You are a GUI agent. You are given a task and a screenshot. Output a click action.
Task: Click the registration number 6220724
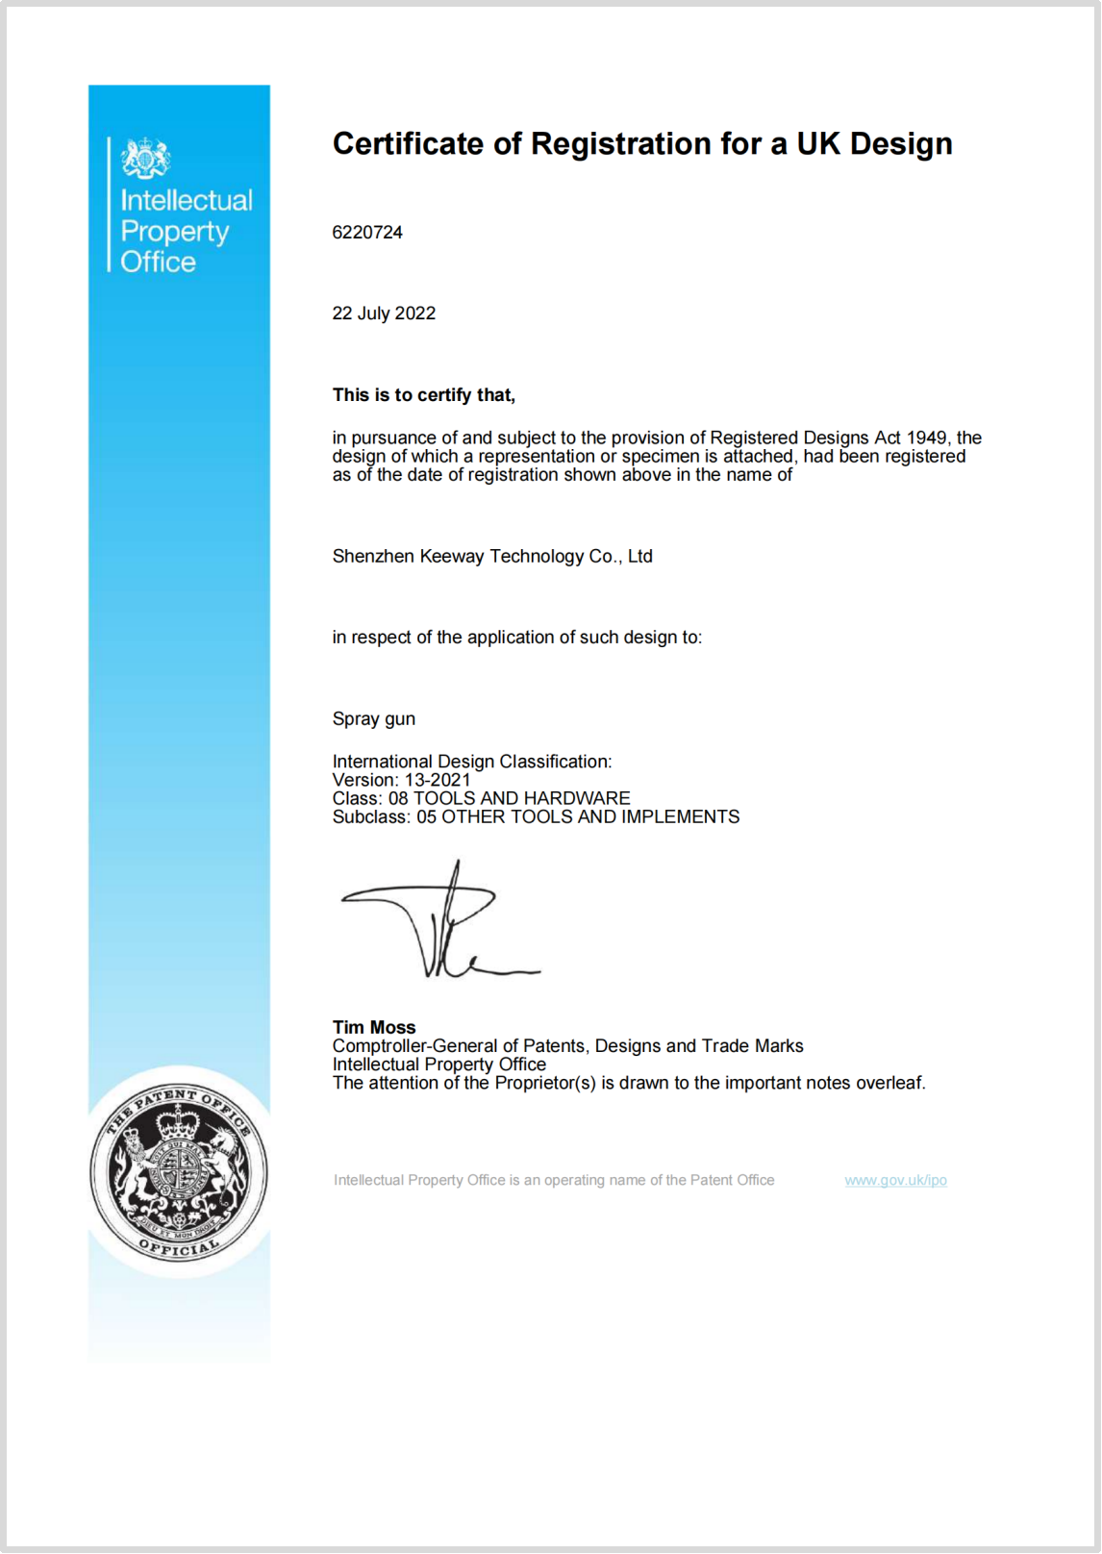click(x=367, y=233)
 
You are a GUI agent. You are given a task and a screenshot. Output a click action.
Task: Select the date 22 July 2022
click(x=384, y=313)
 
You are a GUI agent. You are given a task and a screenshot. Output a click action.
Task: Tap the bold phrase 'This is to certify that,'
click(x=424, y=395)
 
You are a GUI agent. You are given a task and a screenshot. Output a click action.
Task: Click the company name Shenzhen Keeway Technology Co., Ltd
click(x=492, y=556)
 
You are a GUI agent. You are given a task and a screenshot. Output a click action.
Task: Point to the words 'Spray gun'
click(x=374, y=719)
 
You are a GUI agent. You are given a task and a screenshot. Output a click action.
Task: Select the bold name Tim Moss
click(x=374, y=1027)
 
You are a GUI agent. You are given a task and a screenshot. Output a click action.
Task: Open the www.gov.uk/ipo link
click(x=895, y=1180)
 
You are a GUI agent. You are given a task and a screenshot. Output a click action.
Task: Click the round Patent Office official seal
click(x=179, y=1173)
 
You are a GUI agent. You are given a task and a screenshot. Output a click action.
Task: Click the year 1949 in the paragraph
click(x=926, y=439)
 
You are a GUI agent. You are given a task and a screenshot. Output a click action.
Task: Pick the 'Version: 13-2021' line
click(x=402, y=780)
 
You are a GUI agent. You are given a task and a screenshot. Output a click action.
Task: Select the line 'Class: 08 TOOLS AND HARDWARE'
click(x=481, y=798)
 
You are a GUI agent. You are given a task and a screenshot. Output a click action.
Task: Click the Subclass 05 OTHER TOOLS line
click(x=536, y=816)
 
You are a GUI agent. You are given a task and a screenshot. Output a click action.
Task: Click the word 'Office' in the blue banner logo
click(x=158, y=262)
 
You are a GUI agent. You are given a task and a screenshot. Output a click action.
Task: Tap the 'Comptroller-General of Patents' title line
click(x=567, y=1045)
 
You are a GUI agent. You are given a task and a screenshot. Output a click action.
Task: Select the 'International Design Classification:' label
click(x=472, y=762)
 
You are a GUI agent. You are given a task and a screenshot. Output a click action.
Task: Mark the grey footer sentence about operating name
click(x=554, y=1180)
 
